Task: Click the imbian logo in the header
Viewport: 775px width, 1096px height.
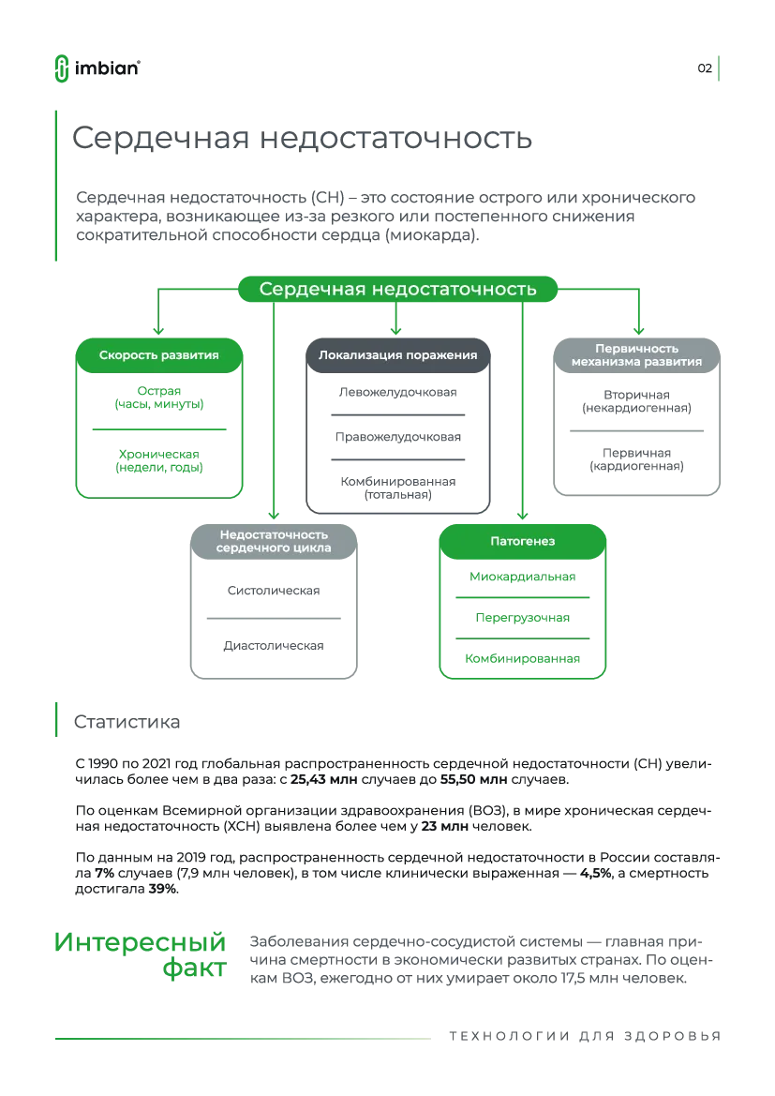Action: [97, 68]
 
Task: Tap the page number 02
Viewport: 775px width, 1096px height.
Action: [705, 68]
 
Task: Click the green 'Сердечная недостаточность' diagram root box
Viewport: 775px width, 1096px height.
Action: [397, 289]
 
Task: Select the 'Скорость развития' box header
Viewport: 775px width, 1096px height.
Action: [158, 355]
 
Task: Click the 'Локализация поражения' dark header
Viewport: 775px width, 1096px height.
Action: [397, 355]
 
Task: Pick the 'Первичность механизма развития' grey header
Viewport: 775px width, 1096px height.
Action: [636, 355]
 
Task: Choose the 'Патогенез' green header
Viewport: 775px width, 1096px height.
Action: [522, 542]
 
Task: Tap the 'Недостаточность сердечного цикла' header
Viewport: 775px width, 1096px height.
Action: [274, 542]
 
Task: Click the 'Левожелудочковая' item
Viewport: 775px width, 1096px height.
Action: [397, 392]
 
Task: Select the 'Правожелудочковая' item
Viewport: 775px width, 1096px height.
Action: [397, 437]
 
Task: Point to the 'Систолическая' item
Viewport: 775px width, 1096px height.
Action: [274, 591]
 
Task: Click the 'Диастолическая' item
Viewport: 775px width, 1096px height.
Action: [274, 646]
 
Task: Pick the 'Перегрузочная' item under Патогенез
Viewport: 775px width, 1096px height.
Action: [522, 618]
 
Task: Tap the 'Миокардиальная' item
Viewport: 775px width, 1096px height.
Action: [522, 577]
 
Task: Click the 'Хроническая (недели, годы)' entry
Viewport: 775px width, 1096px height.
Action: [158, 460]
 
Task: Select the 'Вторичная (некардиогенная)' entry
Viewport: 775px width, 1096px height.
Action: [636, 401]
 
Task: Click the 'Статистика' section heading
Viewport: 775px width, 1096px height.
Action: [127, 722]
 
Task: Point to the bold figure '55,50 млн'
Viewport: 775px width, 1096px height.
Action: [473, 779]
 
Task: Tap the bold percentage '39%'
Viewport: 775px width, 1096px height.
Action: [163, 889]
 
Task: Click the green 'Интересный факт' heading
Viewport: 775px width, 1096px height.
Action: [141, 954]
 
